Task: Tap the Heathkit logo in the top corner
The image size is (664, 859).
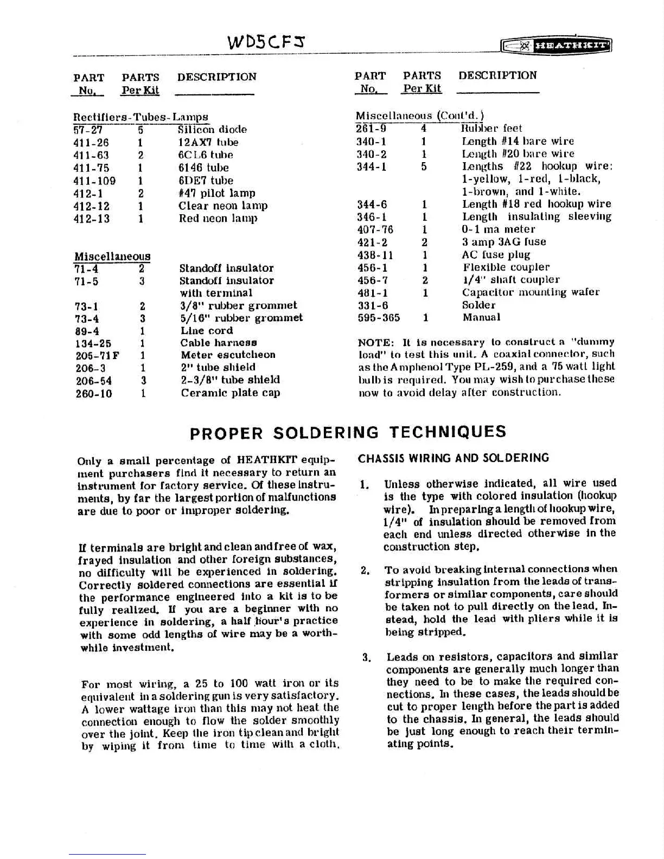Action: pos(557,46)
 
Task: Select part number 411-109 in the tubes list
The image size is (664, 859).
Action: pos(94,181)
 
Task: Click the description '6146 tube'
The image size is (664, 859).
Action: pos(203,168)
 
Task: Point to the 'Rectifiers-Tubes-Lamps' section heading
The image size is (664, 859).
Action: pos(141,117)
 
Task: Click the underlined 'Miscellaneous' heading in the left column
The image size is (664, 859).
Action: pos(112,256)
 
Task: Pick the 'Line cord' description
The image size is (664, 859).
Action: pos(207,330)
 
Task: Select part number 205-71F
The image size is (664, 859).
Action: pos(98,355)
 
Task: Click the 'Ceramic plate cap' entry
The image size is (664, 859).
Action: pos(231,393)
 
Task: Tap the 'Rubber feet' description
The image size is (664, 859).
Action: pos(491,129)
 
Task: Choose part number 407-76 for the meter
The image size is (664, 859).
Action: pos(375,229)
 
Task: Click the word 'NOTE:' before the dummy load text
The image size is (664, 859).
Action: pos(376,342)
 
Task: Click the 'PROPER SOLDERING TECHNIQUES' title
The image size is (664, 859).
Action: pos(348,432)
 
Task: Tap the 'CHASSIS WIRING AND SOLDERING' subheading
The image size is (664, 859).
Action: pos(454,458)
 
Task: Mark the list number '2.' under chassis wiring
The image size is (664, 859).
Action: pos(366,570)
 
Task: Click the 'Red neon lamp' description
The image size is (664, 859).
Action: pos(218,219)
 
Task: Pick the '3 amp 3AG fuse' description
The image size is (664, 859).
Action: pos(504,242)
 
